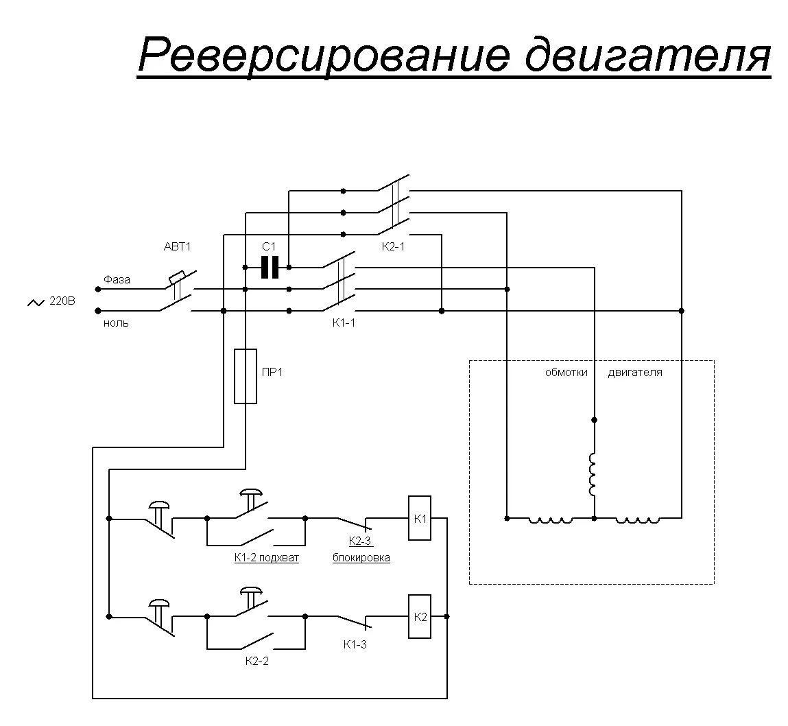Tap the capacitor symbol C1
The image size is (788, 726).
(270, 267)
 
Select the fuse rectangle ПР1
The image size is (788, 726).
(246, 375)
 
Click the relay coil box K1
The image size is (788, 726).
(420, 518)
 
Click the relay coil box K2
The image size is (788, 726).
(420, 617)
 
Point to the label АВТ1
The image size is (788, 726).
(176, 247)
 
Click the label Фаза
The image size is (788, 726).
(117, 280)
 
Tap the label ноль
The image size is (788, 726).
(116, 323)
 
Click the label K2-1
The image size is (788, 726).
(393, 246)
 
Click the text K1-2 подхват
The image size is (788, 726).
(267, 558)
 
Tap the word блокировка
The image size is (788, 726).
(361, 558)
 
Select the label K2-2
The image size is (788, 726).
(256, 661)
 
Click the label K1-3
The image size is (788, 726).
(355, 644)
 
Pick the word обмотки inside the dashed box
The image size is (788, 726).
(566, 373)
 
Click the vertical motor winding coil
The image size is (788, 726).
(593, 473)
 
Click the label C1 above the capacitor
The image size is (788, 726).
(269, 246)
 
